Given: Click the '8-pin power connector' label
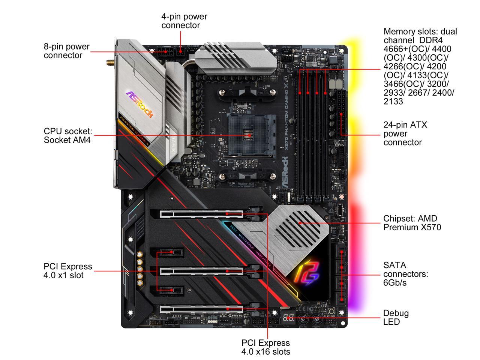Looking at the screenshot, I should pyautogui.click(x=67, y=51).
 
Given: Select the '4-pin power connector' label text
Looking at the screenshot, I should pyautogui.click(x=184, y=21).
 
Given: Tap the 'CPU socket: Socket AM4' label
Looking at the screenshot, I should pyautogui.click(x=68, y=136).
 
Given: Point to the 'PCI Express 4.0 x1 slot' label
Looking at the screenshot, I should pyautogui.click(x=68, y=271).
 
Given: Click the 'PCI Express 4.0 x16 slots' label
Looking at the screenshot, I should pyautogui.click(x=265, y=347).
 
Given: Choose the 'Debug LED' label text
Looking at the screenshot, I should pyautogui.click(x=396, y=317).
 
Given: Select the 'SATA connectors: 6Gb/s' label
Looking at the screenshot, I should pyautogui.click(x=405, y=274).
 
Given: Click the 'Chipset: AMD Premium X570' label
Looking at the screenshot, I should pyautogui.click(x=412, y=223).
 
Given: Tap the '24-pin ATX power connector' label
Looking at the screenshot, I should pyautogui.click(x=405, y=133).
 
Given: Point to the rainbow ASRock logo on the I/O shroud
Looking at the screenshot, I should pyautogui.click(x=139, y=104).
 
